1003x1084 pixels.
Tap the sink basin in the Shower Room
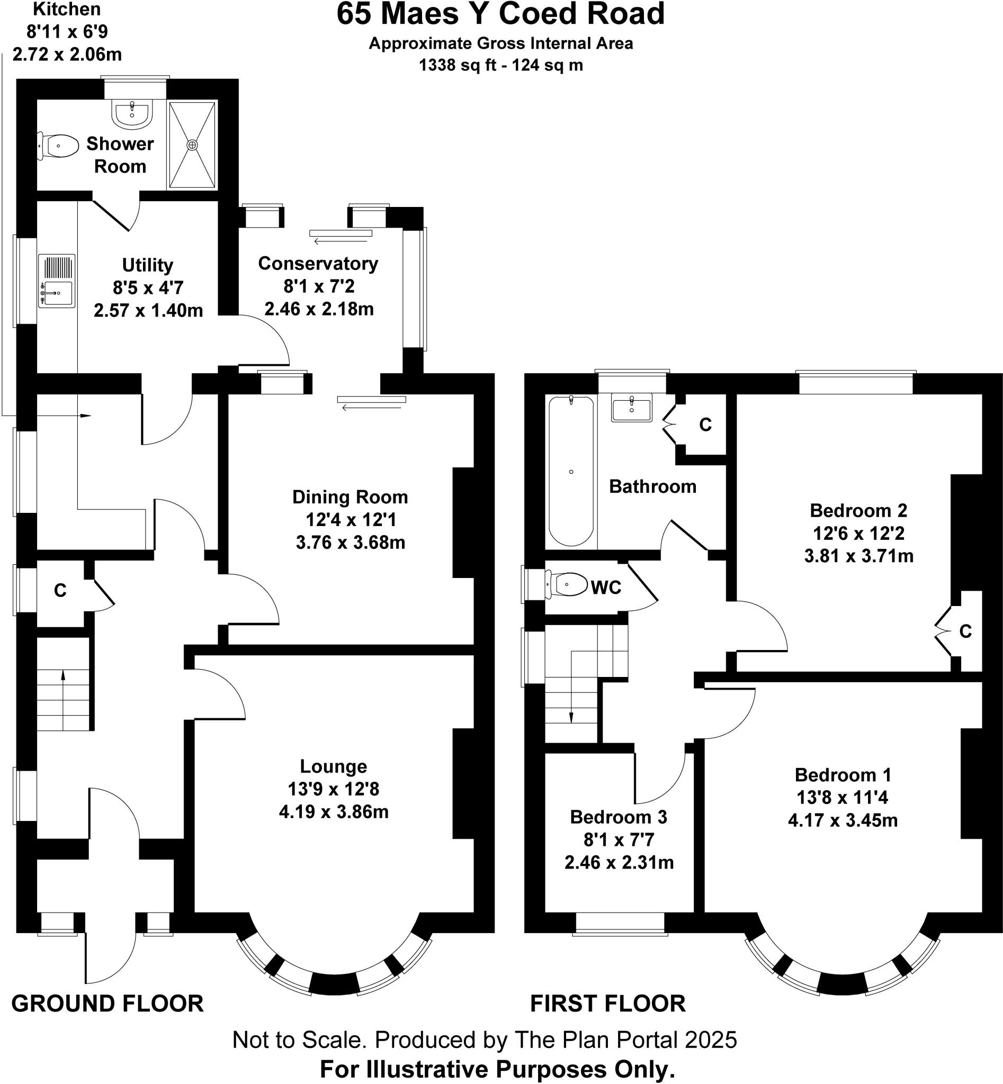pyautogui.click(x=131, y=114)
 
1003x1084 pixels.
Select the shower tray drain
pyautogui.click(x=193, y=146)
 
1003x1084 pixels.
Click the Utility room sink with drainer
pyautogui.click(x=57, y=281)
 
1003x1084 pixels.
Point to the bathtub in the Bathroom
pyautogui.click(x=571, y=471)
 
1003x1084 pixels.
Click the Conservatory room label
pyautogui.click(x=318, y=263)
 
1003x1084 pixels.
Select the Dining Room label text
pyautogui.click(x=350, y=497)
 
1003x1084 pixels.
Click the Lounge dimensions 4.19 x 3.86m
pyautogui.click(x=334, y=811)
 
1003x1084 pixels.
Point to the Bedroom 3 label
pyautogui.click(x=619, y=817)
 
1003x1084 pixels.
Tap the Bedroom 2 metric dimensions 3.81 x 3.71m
pyautogui.click(x=858, y=556)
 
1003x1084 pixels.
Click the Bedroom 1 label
pyautogui.click(x=843, y=775)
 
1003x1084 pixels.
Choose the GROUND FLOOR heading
pyautogui.click(x=108, y=1004)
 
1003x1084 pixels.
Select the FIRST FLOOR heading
pyautogui.click(x=608, y=1004)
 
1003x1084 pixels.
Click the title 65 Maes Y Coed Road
pyautogui.click(x=500, y=14)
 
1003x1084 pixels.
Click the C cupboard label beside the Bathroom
pyautogui.click(x=705, y=425)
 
